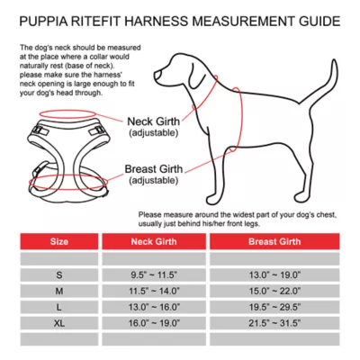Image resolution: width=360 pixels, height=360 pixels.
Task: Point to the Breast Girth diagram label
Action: tap(161, 168)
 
